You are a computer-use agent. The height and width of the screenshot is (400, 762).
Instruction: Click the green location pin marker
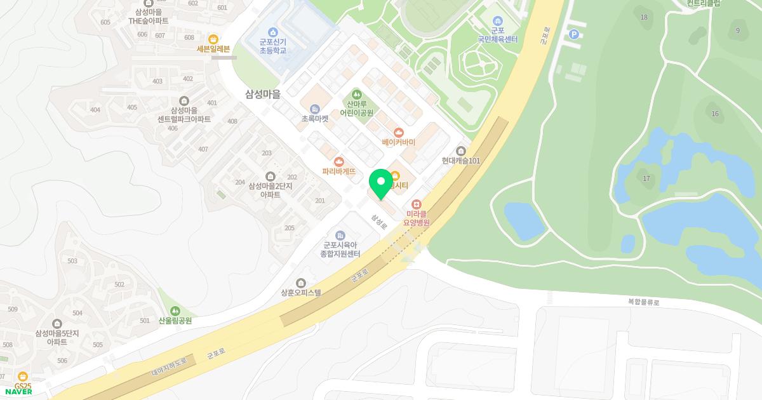point(381,183)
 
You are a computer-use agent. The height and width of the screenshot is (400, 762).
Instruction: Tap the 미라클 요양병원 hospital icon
point(417,204)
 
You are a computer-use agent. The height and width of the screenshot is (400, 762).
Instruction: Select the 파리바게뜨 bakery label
point(338,171)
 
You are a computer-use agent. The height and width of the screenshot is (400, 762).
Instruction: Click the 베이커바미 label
point(398,142)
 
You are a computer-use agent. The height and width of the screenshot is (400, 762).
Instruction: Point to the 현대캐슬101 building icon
point(462,151)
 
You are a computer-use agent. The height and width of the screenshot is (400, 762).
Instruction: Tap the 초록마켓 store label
point(315,118)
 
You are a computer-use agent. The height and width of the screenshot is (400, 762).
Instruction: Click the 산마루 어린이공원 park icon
point(356,94)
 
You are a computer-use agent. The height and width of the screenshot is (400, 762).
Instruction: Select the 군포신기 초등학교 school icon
point(273,32)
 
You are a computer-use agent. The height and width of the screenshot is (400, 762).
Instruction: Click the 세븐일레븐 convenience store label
point(213,48)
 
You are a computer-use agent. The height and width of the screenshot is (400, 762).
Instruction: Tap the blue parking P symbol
point(574,34)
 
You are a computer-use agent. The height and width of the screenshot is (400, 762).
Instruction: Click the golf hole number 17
point(646,178)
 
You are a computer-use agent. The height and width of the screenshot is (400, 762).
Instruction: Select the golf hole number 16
point(715,114)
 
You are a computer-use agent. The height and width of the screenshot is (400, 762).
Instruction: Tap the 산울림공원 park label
point(175,321)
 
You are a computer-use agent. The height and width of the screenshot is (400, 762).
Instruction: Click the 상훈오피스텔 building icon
point(301,283)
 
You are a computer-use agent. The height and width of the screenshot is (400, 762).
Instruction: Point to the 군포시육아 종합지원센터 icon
point(340,236)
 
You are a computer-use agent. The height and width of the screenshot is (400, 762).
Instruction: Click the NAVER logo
point(18,392)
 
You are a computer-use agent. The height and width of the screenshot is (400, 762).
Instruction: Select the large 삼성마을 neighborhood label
point(263,94)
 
